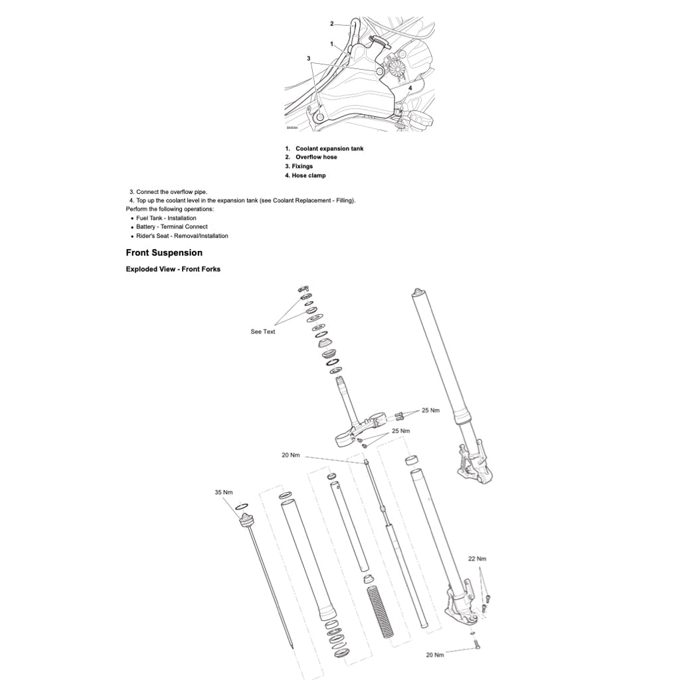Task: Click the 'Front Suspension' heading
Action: point(164,253)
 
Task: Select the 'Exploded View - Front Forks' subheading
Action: point(173,270)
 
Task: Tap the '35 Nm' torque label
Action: point(224,492)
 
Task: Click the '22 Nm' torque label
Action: point(477,558)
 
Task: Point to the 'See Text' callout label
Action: point(263,332)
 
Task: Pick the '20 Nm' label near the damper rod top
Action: point(291,455)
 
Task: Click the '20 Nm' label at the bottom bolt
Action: point(434,655)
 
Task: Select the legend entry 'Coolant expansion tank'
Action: point(329,148)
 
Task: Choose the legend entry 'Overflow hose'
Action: point(316,157)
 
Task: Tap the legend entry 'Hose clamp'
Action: point(309,175)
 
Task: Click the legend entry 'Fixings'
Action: point(302,166)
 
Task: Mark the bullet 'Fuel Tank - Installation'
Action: point(166,218)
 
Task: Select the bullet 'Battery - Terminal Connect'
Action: point(172,227)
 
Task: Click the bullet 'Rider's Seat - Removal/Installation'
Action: point(182,236)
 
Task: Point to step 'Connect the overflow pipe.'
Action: point(172,192)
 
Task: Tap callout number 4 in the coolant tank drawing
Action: point(410,88)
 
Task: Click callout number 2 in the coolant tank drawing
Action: point(332,24)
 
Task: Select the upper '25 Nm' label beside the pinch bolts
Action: point(430,410)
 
